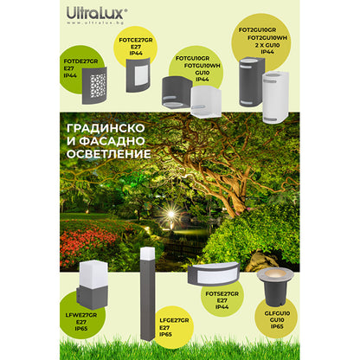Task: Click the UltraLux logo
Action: [x=96, y=13]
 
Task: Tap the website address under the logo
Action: [x=96, y=26]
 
